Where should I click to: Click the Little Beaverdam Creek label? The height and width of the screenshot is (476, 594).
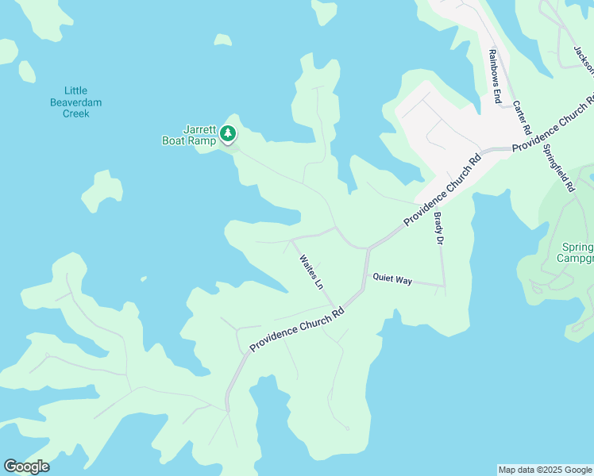(76, 102)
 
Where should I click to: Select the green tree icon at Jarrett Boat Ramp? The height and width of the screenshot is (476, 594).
(229, 133)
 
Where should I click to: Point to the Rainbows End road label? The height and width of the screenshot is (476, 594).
(494, 77)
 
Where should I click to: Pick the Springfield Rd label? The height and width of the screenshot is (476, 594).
(558, 168)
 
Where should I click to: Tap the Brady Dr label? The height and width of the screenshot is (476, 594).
(438, 228)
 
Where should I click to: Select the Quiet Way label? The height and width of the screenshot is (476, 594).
(392, 279)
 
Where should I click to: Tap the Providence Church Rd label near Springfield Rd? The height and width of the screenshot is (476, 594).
(553, 123)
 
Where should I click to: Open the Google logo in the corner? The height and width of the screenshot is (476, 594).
(26, 466)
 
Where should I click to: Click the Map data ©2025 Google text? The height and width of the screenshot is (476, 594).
(545, 470)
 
